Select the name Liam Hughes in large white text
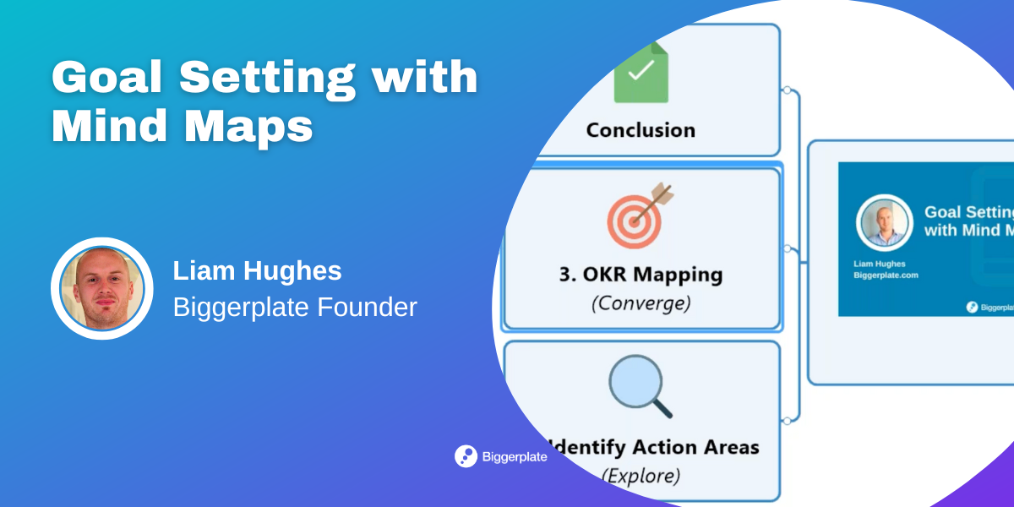257,271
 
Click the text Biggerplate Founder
295,308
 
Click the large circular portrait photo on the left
101,289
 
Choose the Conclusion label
641,130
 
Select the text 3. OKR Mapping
641,275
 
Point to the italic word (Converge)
641,303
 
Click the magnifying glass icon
640,385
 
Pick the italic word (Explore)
641,475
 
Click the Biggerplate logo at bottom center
501,456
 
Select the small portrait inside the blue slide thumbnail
883,223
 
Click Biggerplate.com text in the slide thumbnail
886,275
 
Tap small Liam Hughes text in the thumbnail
879,264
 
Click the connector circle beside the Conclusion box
787,90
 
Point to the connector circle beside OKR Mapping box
787,248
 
